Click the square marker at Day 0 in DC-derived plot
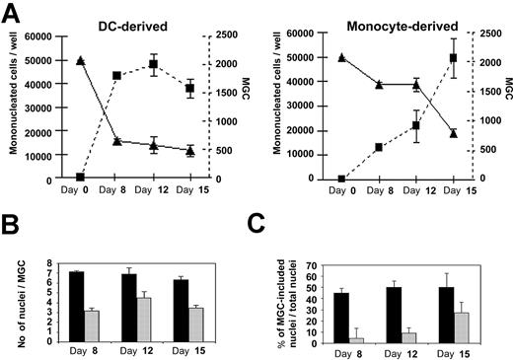point(80,178)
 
